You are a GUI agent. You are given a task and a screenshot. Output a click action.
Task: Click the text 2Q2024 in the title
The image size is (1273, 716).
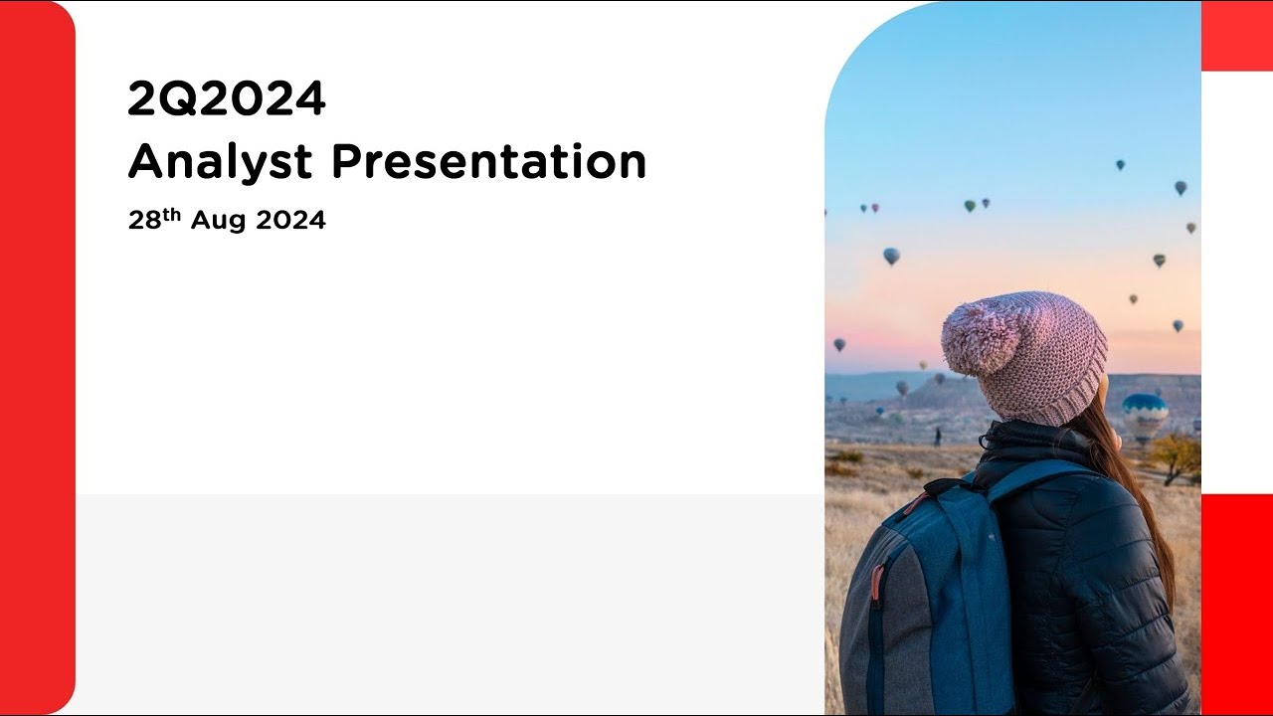[x=227, y=99]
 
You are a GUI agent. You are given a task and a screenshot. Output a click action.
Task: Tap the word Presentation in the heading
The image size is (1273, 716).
[x=488, y=162]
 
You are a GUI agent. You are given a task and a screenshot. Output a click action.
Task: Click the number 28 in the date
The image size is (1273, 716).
[x=145, y=222]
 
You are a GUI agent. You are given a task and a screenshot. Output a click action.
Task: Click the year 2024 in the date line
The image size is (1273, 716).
[x=290, y=222]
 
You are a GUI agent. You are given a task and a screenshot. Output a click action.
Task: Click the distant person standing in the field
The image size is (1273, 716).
[x=936, y=436]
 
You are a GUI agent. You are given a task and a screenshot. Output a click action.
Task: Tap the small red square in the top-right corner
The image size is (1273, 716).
[x=1237, y=36]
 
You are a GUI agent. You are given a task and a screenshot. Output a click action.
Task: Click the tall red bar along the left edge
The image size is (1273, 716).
[x=37, y=358]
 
